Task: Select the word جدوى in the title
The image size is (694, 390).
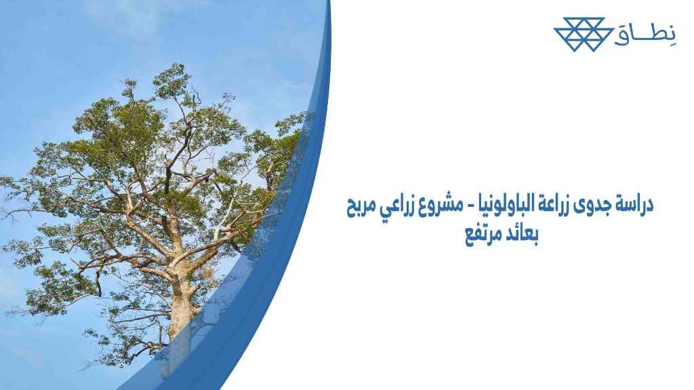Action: point(590,205)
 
